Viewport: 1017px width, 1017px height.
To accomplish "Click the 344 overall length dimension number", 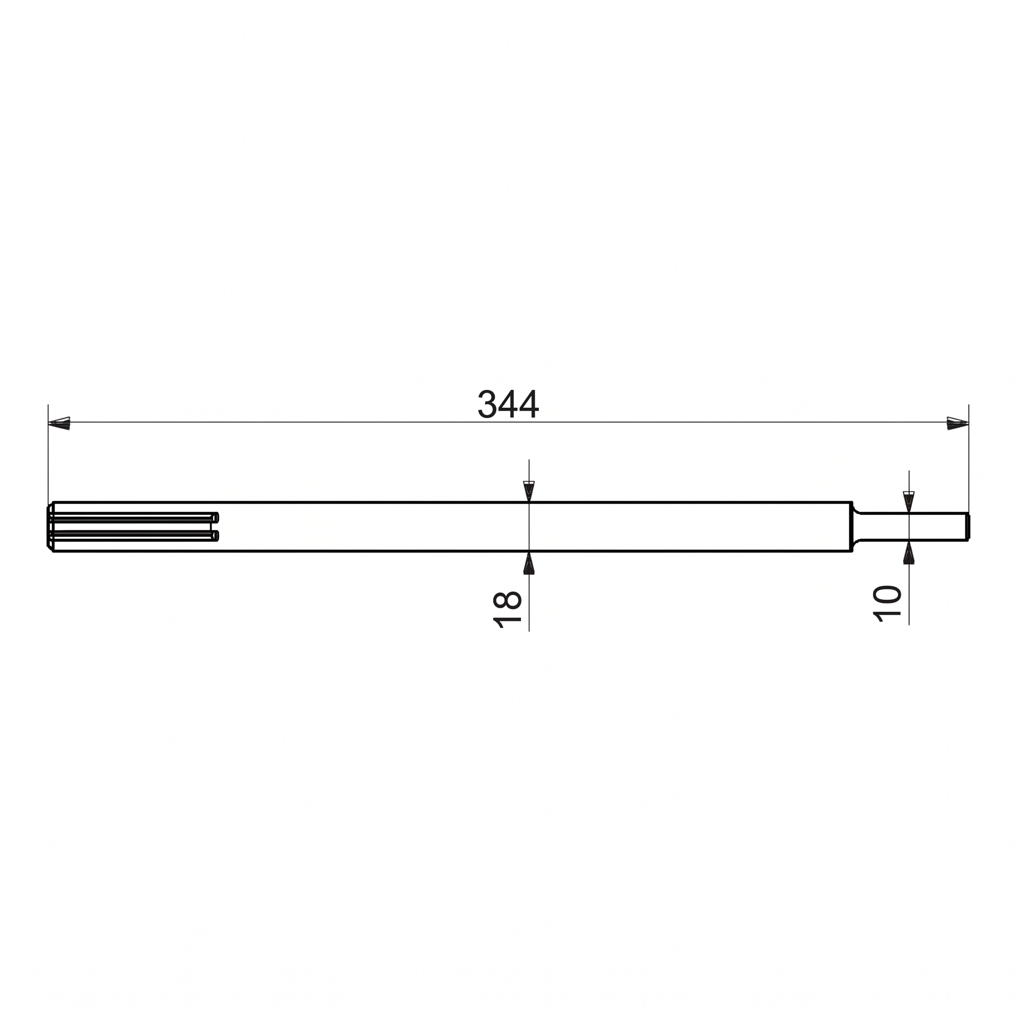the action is point(508,404).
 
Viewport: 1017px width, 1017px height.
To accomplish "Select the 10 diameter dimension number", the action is point(887,604).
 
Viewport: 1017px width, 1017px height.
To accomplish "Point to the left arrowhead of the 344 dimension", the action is point(59,423).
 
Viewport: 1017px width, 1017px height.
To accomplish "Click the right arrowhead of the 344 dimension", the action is point(957,423).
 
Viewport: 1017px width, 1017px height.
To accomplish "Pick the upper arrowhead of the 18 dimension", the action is point(529,491).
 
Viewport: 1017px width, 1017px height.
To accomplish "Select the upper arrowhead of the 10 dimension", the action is point(909,501).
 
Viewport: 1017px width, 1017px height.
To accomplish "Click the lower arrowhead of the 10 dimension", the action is point(909,553).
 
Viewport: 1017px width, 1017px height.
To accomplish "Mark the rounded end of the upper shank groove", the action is point(216,518).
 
